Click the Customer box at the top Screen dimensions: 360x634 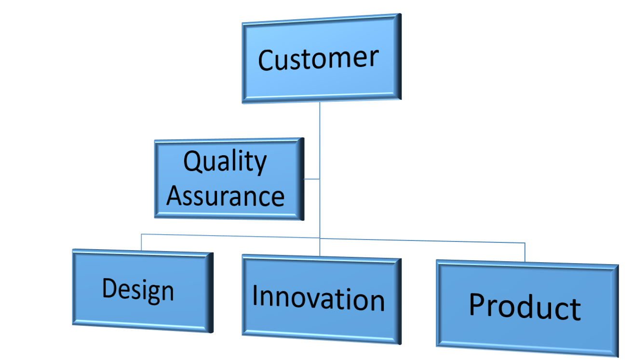pos(321,58)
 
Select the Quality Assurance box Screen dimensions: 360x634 pos(228,179)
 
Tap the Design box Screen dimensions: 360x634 pos(142,291)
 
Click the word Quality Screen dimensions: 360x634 pos(225,162)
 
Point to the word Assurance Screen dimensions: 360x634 pos(225,196)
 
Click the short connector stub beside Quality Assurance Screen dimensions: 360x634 pos(311,179)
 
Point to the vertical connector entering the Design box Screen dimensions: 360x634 pos(141,242)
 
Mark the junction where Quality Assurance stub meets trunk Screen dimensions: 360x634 pos(319,179)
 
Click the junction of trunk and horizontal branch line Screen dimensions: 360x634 pos(319,237)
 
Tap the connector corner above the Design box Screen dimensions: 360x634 pos(141,235)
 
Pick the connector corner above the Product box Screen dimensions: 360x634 pos(525,242)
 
